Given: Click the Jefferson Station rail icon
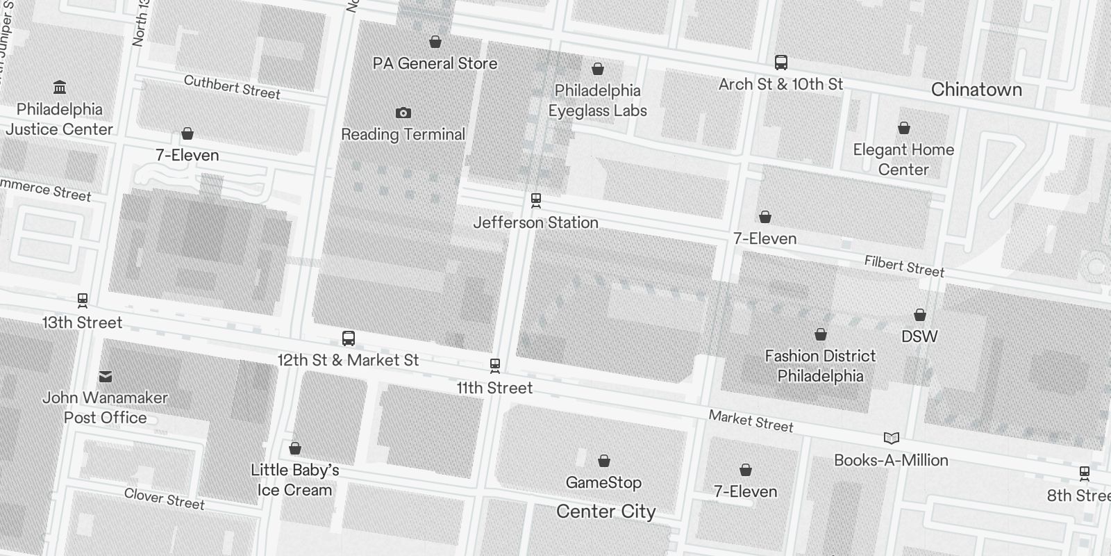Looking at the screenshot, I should click(x=535, y=200).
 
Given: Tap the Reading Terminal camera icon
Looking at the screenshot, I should click(x=403, y=113).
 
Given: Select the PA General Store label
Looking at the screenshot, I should click(x=435, y=63).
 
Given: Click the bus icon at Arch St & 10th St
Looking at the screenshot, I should click(x=780, y=63).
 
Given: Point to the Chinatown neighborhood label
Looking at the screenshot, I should click(x=976, y=90).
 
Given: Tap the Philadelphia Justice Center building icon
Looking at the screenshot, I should click(x=60, y=88).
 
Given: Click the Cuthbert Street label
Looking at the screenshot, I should click(x=232, y=88).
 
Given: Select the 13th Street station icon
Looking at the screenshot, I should click(x=83, y=300).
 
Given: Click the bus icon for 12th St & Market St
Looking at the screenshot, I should click(x=349, y=338).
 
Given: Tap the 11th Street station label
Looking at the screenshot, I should click(x=494, y=388).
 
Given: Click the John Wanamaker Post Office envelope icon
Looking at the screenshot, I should click(x=106, y=376).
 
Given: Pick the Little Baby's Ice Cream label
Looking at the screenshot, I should click(x=294, y=480).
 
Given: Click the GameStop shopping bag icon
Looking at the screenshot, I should click(x=603, y=461).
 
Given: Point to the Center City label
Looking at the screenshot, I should click(x=605, y=512).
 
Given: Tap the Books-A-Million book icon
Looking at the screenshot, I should click(x=891, y=438).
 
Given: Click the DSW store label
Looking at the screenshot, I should click(x=919, y=336).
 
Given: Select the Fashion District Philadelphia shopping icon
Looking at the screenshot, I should click(x=820, y=335).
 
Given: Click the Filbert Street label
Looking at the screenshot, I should click(x=904, y=266).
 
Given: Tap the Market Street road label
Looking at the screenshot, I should click(x=751, y=421).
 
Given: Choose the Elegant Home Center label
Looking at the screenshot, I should click(x=903, y=159).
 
